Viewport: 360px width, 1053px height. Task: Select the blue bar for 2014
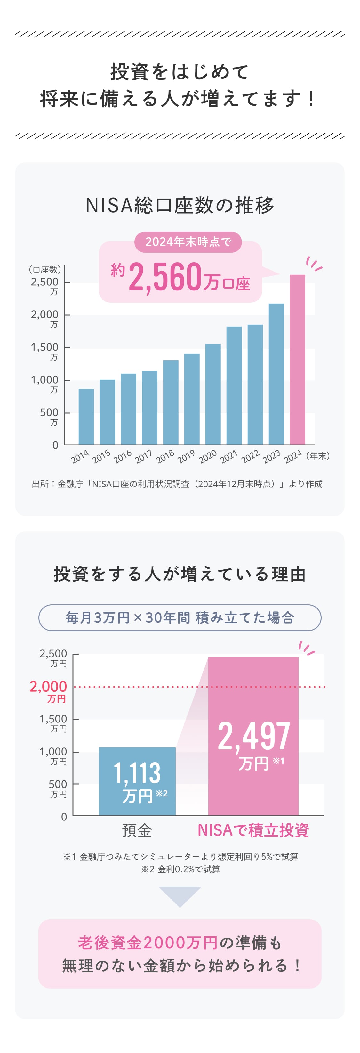click(x=86, y=417)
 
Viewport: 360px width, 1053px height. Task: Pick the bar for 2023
click(x=276, y=374)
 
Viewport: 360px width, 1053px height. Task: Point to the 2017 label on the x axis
click(x=143, y=456)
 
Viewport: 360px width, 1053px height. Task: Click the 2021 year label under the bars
click(x=228, y=456)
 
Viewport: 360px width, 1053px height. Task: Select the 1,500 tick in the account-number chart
click(x=44, y=347)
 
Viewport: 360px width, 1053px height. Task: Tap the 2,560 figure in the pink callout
click(x=165, y=278)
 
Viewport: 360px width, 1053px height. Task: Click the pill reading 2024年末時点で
click(x=188, y=242)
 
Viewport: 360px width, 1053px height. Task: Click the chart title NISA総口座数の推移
click(x=180, y=205)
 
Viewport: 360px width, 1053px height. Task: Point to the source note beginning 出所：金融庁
click(x=177, y=484)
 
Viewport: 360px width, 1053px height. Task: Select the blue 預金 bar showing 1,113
click(x=137, y=781)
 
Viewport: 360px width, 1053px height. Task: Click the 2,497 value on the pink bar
click(x=253, y=736)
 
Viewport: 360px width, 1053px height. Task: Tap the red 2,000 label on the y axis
click(x=48, y=687)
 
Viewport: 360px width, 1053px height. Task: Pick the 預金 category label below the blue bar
click(x=137, y=830)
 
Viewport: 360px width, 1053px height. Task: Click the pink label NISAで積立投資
click(x=253, y=830)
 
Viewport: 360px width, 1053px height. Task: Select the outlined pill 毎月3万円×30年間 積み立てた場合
click(x=180, y=618)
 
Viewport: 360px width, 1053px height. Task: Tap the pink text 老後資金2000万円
click(x=148, y=943)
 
